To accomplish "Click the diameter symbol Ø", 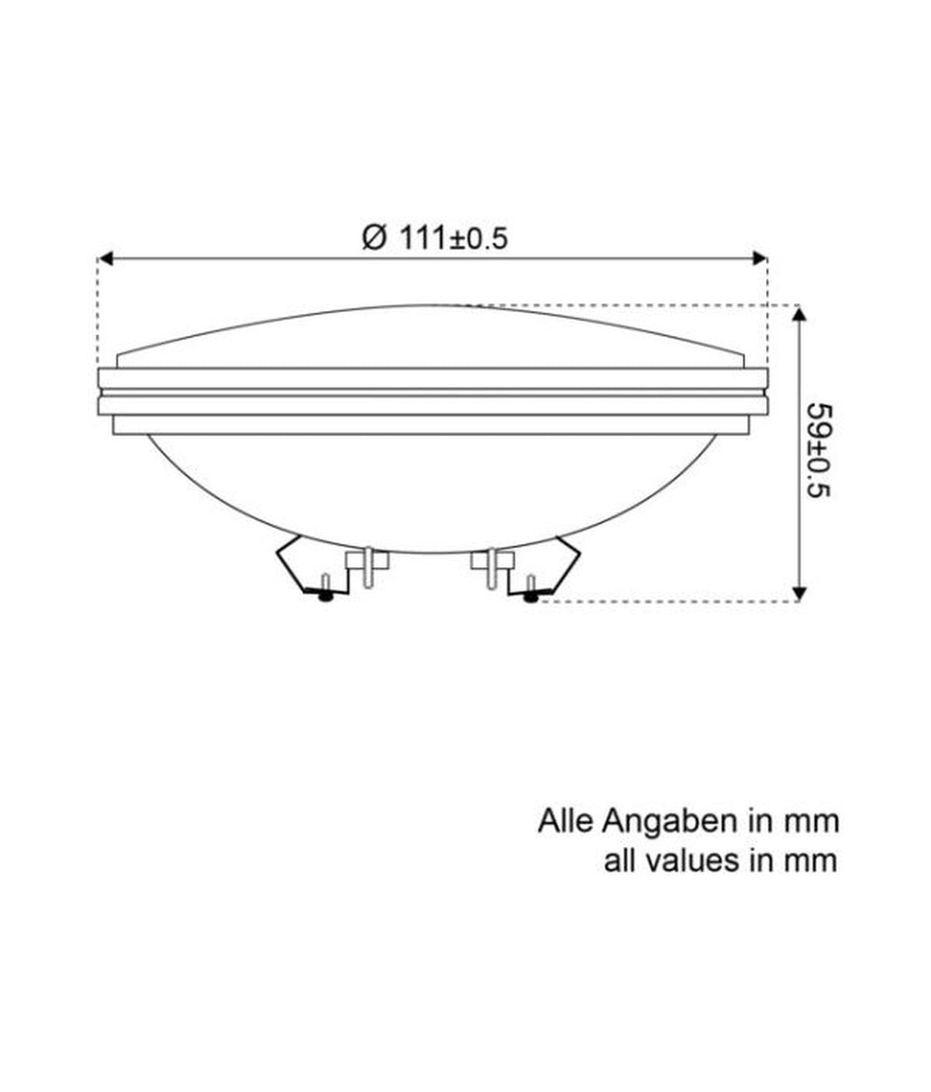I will pos(373,237).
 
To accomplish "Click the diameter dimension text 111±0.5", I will pos(453,238).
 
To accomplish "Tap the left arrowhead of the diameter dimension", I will pos(107,259).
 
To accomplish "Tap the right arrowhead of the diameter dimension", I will pos(759,259).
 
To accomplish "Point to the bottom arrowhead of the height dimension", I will pos(800,594).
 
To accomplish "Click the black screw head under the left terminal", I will pos(327,596).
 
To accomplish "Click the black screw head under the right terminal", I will pos(529,597).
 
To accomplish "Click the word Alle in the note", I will pos(566,821).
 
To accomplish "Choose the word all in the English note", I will pos(618,860).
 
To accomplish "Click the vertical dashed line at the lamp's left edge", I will pos(98,315).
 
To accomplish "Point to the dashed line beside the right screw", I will pos(660,602).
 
